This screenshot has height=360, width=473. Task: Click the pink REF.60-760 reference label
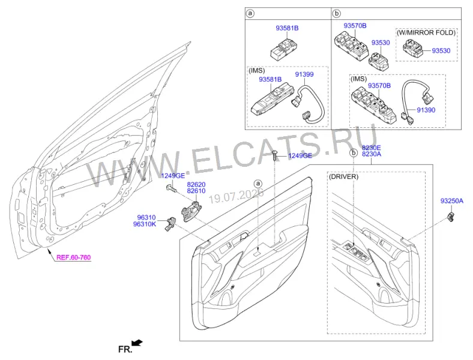[x=74, y=257]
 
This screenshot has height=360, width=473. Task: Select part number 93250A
[x=451, y=201]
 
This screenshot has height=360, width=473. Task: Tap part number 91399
[x=304, y=74]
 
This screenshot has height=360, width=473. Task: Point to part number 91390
[x=426, y=110]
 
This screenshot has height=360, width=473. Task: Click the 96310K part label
[x=145, y=224]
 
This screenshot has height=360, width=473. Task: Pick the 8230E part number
[x=372, y=148]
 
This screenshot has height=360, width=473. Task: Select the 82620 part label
[x=196, y=185]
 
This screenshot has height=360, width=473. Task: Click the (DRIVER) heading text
[x=343, y=176]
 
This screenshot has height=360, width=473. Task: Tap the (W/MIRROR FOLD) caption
[x=426, y=32]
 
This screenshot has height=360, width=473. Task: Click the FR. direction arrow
[x=137, y=343]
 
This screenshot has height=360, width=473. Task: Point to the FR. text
[x=125, y=349]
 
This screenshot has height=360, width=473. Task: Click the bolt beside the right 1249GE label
[x=275, y=155]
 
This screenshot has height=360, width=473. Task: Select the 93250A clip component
[x=450, y=217]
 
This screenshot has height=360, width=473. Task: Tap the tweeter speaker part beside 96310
[x=170, y=223]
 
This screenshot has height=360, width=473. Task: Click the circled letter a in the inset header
[x=250, y=14]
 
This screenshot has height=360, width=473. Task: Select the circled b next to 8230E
[x=353, y=153]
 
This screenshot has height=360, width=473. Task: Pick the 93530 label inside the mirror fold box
[x=441, y=50]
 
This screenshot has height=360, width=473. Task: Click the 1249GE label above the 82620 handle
[x=173, y=176]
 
